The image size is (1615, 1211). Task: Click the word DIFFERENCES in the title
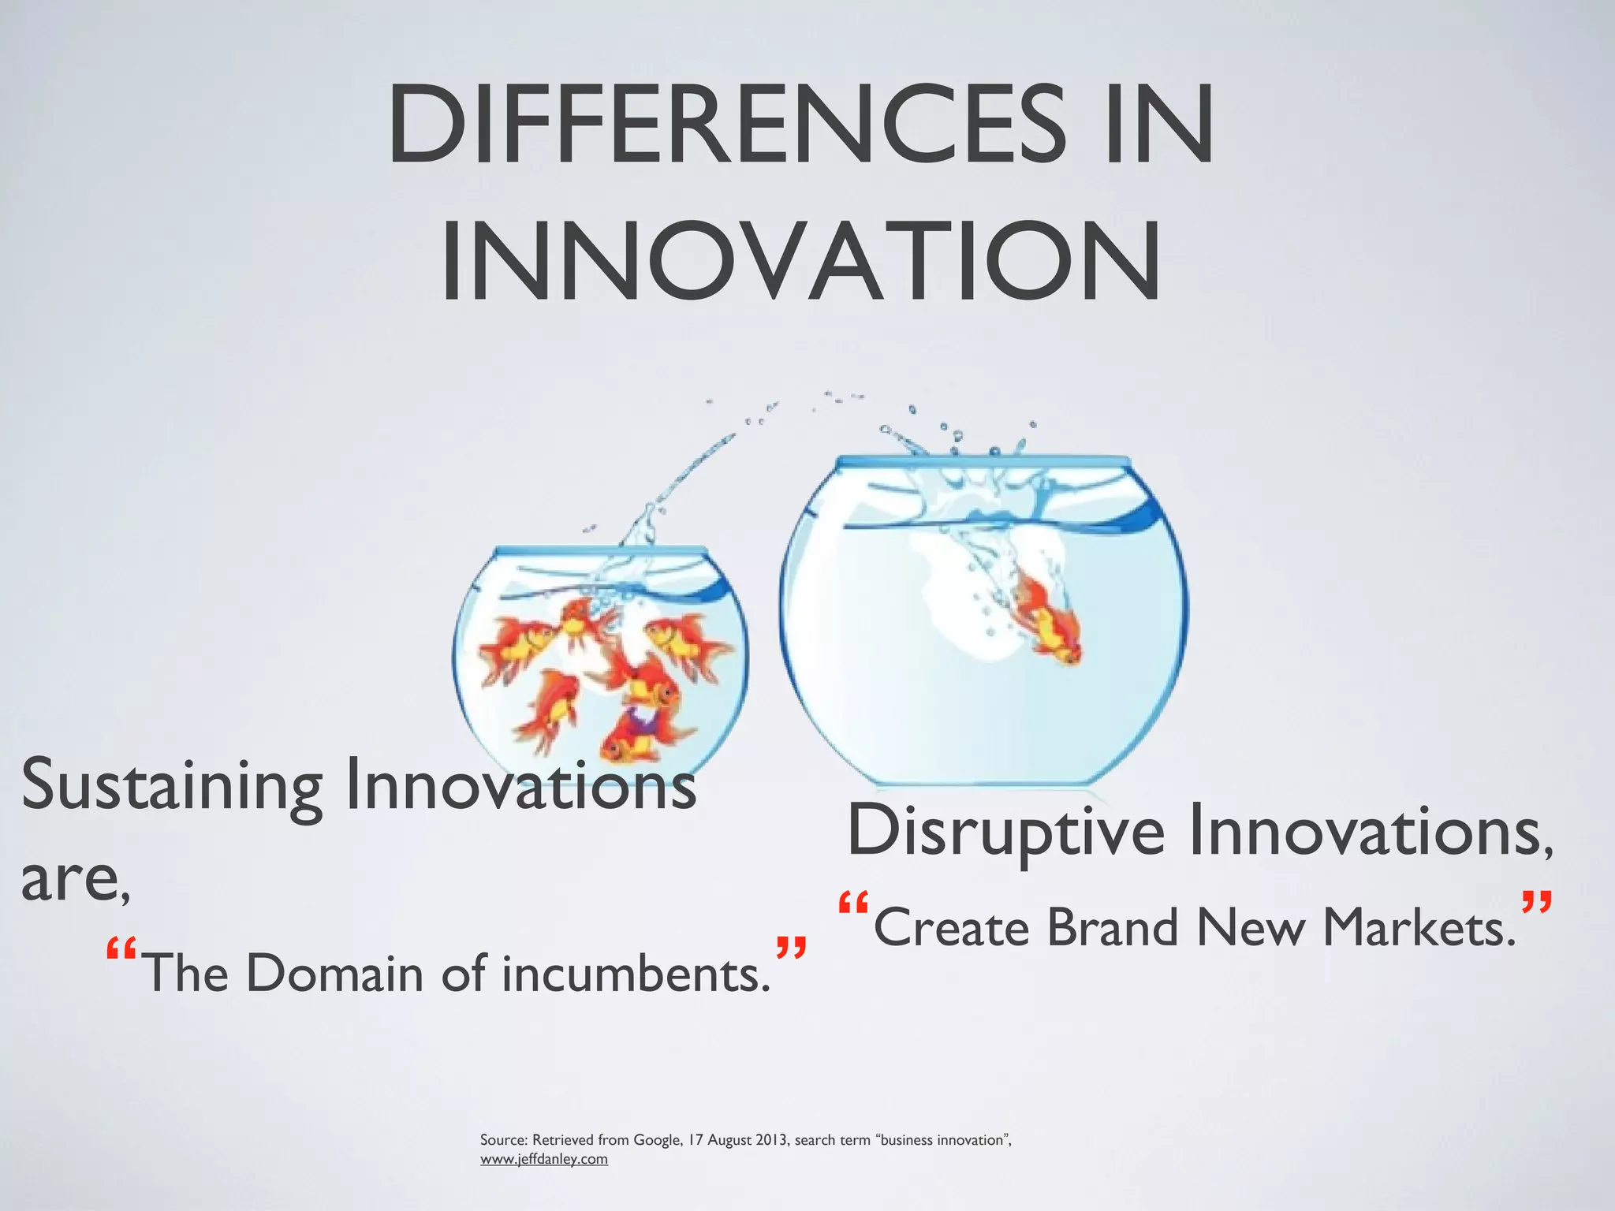pyautogui.click(x=725, y=126)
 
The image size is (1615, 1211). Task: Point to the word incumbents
pyautogui.click(x=636, y=973)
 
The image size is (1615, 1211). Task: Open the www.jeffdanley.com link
pyautogui.click(x=544, y=1159)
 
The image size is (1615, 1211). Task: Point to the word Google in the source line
pyautogui.click(x=657, y=1140)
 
